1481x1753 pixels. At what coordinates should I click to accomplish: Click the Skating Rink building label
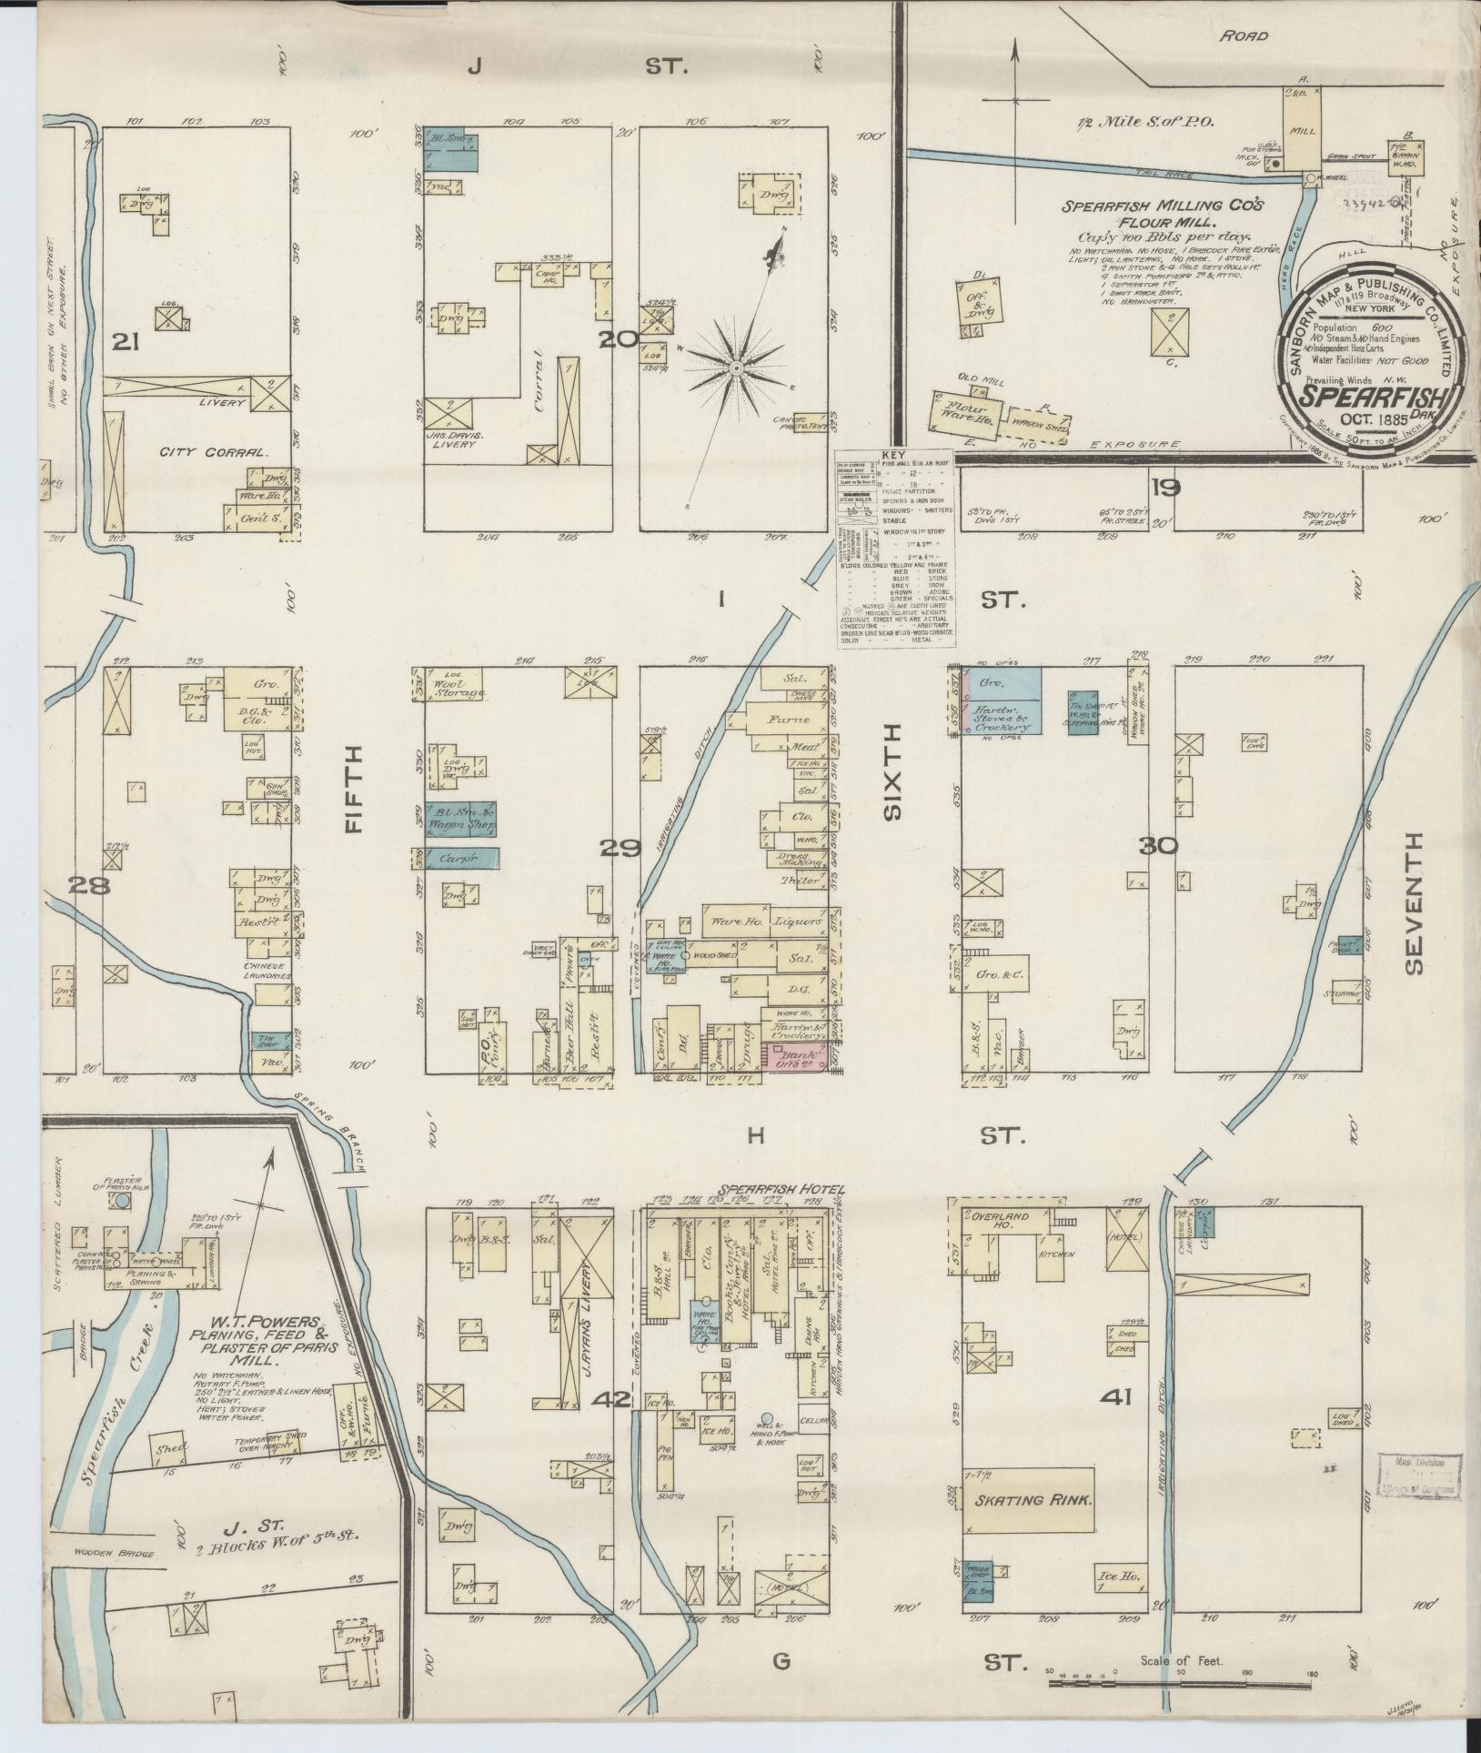point(1033,1500)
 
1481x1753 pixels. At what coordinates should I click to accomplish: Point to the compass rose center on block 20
point(735,367)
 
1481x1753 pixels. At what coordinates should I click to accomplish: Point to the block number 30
point(1157,846)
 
